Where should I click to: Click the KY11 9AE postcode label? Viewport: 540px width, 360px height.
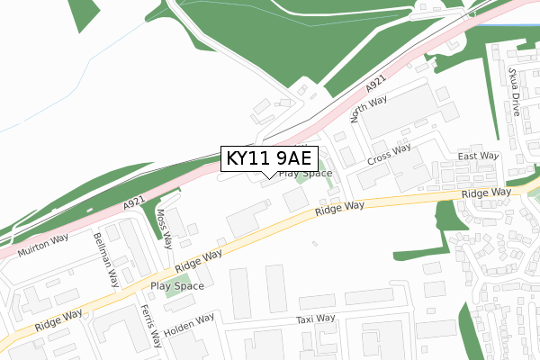click(x=268, y=158)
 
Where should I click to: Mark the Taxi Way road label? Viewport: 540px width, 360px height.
click(x=315, y=319)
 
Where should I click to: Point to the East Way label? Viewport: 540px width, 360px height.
click(x=477, y=156)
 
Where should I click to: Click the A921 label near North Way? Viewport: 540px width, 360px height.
click(x=375, y=88)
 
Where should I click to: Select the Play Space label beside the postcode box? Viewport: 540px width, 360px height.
click(x=305, y=173)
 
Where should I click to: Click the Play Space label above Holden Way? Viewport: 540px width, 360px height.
click(x=177, y=286)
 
